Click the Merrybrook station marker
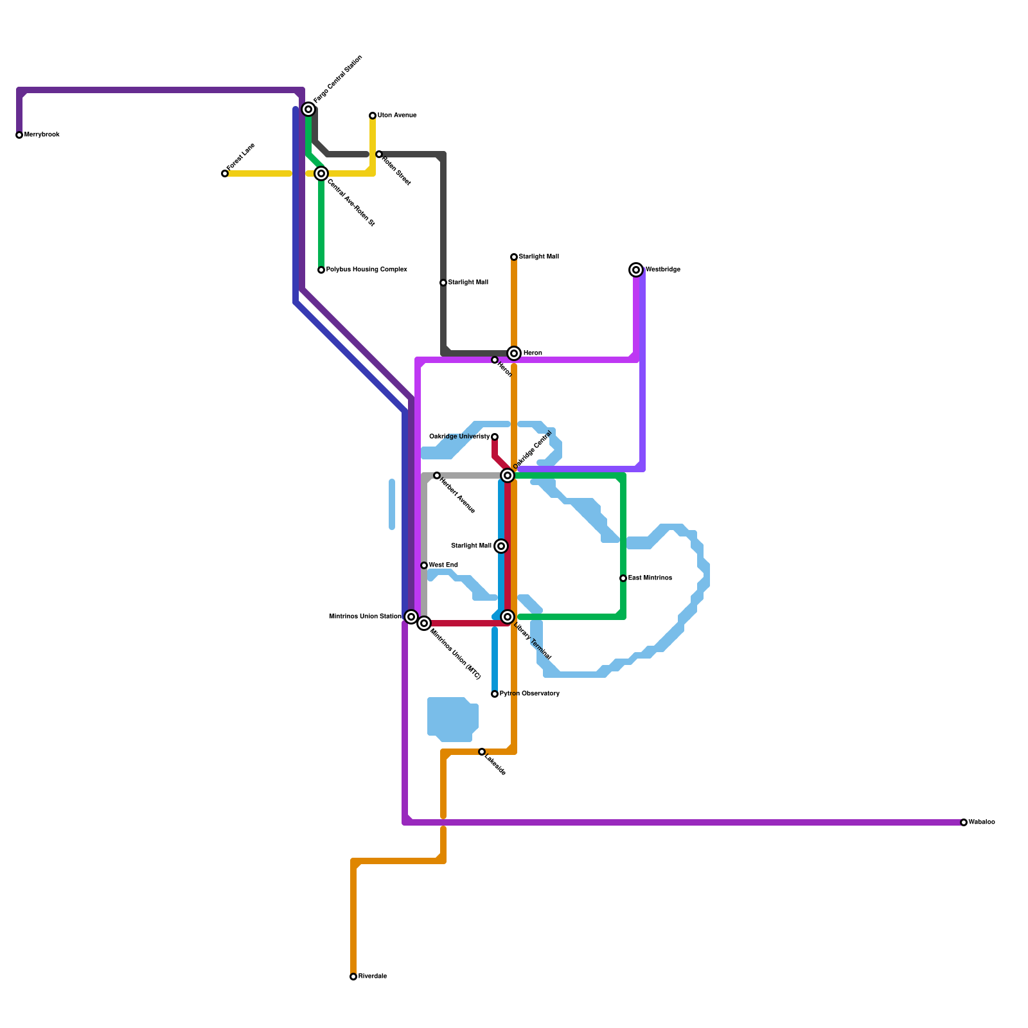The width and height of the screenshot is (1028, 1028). pos(19,135)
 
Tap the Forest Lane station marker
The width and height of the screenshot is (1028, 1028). pos(225,173)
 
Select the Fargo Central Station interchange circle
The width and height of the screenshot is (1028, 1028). pos(308,109)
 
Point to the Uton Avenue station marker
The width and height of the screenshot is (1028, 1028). pos(373,116)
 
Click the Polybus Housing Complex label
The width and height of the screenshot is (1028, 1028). pos(366,270)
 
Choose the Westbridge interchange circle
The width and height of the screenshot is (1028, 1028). pos(636,270)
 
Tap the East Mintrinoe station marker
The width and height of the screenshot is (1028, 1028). pos(623,578)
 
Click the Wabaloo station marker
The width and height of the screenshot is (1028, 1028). pos(964,822)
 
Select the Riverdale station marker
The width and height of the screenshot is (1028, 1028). pos(353,977)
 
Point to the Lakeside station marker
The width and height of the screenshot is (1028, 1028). pos(482,752)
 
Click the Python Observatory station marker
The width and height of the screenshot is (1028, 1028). pos(495,694)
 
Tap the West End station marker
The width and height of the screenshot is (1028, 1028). pos(424,565)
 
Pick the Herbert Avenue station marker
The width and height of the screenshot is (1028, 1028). pos(437,475)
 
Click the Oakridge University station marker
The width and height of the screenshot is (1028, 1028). pos(495,437)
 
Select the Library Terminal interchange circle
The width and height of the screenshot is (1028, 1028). pos(508,617)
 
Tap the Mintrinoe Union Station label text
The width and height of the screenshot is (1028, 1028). pos(365,617)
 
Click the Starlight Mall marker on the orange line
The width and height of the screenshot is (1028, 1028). pos(514,257)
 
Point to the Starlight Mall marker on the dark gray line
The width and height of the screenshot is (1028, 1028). pos(443,283)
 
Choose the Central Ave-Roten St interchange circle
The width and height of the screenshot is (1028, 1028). pos(321,173)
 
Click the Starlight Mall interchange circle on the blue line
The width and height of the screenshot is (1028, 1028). pos(501,546)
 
